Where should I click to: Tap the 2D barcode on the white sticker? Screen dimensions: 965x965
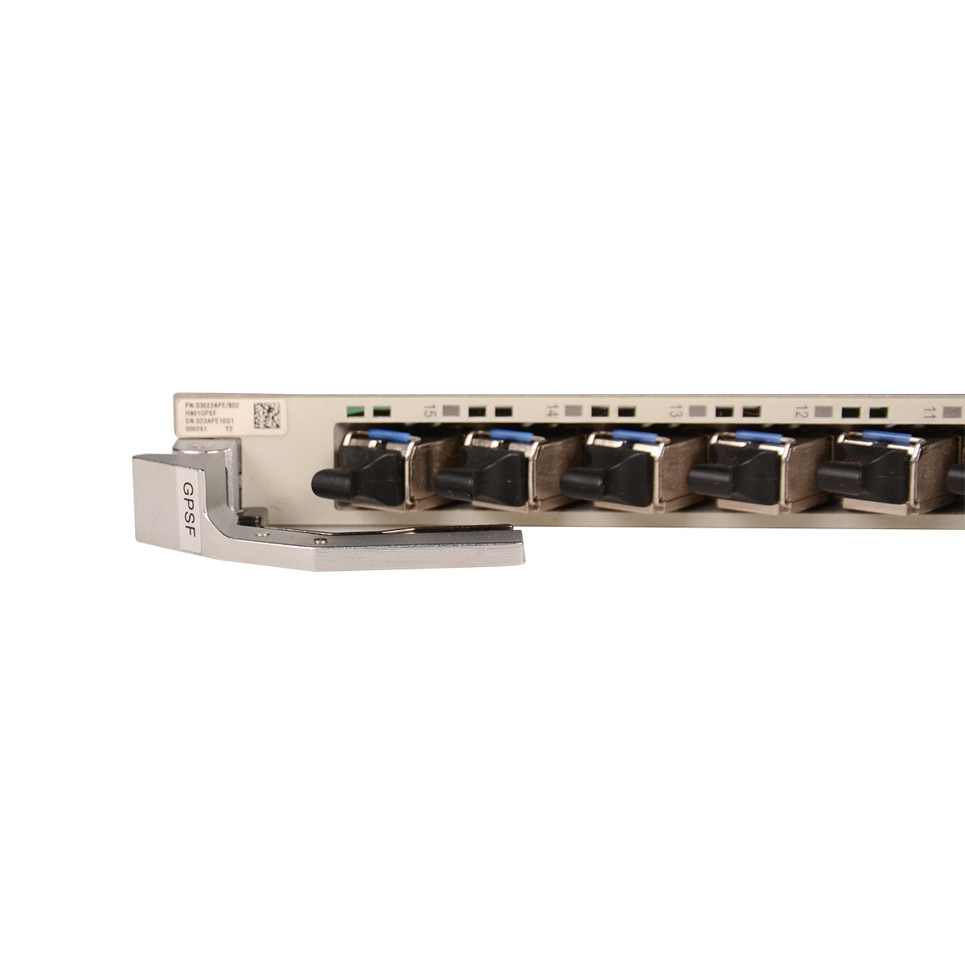click(x=266, y=415)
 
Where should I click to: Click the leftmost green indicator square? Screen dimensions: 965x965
click(x=353, y=410)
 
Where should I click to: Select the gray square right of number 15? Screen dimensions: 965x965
click(x=450, y=410)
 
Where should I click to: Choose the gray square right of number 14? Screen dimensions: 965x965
click(x=573, y=411)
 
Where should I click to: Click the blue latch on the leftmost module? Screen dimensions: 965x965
click(x=384, y=434)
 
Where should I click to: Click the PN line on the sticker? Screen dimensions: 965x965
click(x=212, y=404)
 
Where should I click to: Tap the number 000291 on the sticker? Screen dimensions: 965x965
click(x=196, y=429)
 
